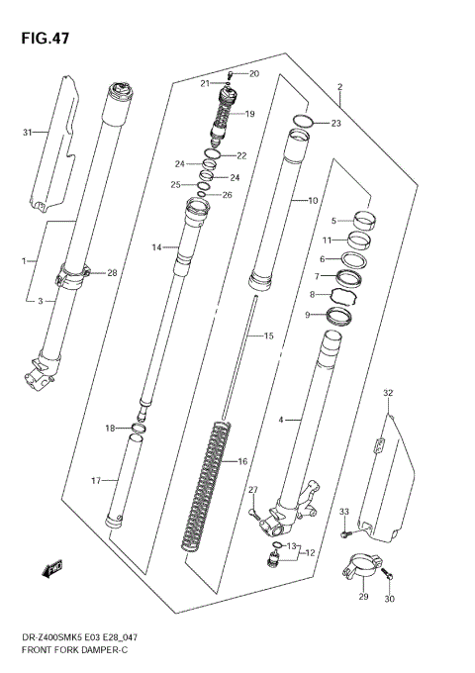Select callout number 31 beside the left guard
click(x=27, y=131)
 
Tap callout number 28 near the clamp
click(x=112, y=272)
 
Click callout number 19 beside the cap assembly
click(x=249, y=114)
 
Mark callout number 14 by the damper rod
click(x=155, y=247)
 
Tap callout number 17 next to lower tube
click(x=96, y=481)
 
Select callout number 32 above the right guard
click(x=388, y=393)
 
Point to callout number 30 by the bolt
click(x=389, y=600)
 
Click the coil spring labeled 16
click(x=206, y=485)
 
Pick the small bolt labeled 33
click(x=343, y=533)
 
